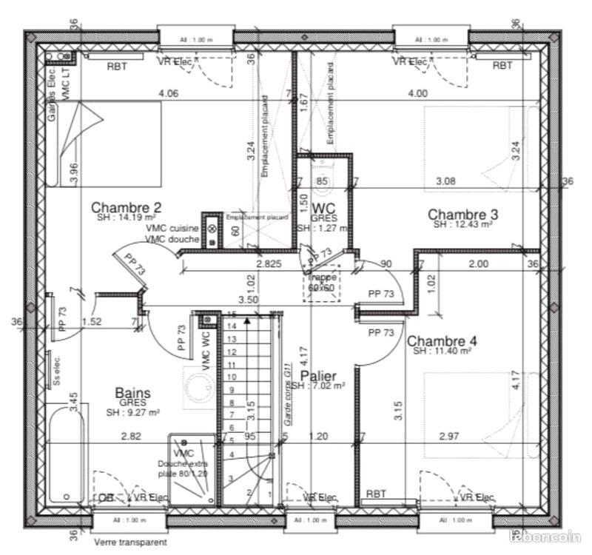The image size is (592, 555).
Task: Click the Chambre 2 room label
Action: (x=126, y=207)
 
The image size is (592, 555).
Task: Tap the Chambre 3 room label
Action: (x=462, y=215)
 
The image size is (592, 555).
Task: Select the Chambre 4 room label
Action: (x=443, y=341)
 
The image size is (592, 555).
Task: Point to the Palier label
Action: (x=318, y=376)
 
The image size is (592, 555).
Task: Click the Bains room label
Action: (x=133, y=392)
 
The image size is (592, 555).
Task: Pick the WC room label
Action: (x=324, y=208)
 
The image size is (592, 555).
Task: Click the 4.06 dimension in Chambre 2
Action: (x=168, y=93)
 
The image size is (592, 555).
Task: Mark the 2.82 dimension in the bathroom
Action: (x=131, y=437)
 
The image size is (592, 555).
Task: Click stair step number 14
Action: (x=231, y=326)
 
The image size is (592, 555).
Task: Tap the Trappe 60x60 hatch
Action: (x=322, y=282)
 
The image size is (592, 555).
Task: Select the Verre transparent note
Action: (x=130, y=542)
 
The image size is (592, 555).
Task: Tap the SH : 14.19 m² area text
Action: (x=125, y=218)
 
